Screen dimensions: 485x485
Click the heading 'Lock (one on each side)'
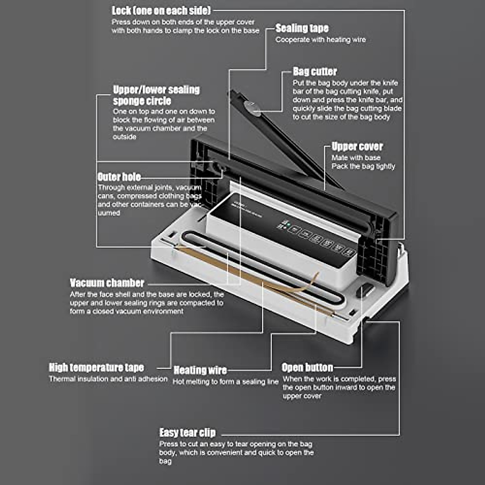(x=161, y=11)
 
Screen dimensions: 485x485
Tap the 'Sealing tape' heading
(x=302, y=28)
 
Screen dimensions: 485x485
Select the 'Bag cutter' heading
(x=314, y=72)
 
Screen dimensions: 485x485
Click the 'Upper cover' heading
(x=357, y=146)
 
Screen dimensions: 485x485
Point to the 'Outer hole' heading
(x=119, y=177)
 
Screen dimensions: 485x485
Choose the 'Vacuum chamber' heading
(x=107, y=283)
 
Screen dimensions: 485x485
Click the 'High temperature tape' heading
(x=96, y=367)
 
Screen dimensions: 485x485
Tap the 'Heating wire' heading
(x=200, y=370)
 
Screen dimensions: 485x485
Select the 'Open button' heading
(x=307, y=367)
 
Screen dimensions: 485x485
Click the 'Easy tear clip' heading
(x=188, y=433)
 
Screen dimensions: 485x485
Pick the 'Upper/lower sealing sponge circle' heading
(x=156, y=95)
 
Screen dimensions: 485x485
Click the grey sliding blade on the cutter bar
(x=251, y=108)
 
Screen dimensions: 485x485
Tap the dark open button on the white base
(x=366, y=290)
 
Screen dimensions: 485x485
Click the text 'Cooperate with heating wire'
(x=321, y=40)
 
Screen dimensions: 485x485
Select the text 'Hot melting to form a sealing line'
(x=226, y=382)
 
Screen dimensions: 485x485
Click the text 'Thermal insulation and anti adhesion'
(x=108, y=379)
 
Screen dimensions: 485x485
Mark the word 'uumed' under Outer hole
(x=109, y=213)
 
